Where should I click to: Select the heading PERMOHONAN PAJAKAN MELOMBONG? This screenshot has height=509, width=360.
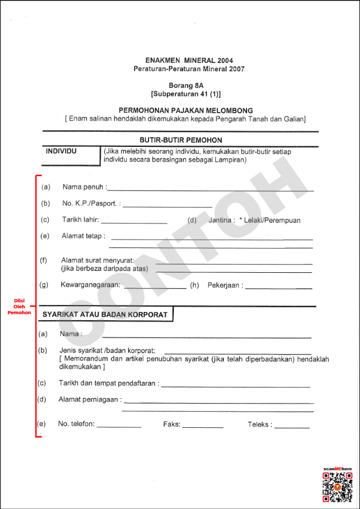(186, 110)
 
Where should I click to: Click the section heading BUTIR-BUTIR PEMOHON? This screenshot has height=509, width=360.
(180, 140)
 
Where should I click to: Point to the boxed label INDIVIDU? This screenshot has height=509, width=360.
(62, 151)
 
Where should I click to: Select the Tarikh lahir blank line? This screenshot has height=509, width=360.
(134, 222)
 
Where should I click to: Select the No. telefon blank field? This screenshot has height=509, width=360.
(119, 426)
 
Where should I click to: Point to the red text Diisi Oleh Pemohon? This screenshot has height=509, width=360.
(19, 306)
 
